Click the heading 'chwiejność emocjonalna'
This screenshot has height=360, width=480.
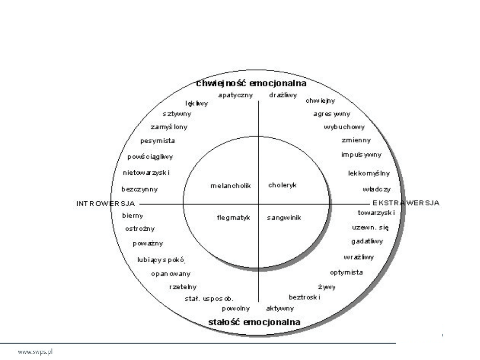pyautogui.click(x=251, y=83)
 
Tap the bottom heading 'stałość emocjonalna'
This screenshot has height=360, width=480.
pyautogui.click(x=254, y=322)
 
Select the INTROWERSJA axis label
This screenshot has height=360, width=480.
pyautogui.click(x=106, y=204)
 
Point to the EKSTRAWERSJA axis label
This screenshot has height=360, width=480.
pyautogui.click(x=406, y=203)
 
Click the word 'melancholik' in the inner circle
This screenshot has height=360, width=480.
pyautogui.click(x=231, y=186)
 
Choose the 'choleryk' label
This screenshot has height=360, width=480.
pyautogui.click(x=282, y=185)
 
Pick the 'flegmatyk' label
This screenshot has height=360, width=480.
pyautogui.click(x=234, y=218)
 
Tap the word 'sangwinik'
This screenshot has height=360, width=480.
pyautogui.click(x=284, y=218)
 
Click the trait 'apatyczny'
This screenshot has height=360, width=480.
pyautogui.click(x=236, y=95)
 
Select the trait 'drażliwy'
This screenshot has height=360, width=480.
pyautogui.click(x=283, y=95)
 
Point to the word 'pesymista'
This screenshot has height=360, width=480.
pyautogui.click(x=157, y=141)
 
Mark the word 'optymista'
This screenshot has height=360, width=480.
pyautogui.click(x=346, y=272)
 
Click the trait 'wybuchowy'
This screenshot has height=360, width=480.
pyautogui.click(x=344, y=127)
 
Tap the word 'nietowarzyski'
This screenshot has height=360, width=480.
pyautogui.click(x=146, y=172)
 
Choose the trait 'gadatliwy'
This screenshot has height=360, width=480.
pyautogui.click(x=367, y=241)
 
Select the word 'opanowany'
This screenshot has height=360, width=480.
pyautogui.click(x=171, y=274)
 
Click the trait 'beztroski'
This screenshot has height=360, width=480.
pyautogui.click(x=304, y=297)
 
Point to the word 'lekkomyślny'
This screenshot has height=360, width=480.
pyautogui.click(x=369, y=173)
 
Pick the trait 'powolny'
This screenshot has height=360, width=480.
pyautogui.click(x=236, y=308)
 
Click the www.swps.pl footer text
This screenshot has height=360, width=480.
pyautogui.click(x=36, y=352)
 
